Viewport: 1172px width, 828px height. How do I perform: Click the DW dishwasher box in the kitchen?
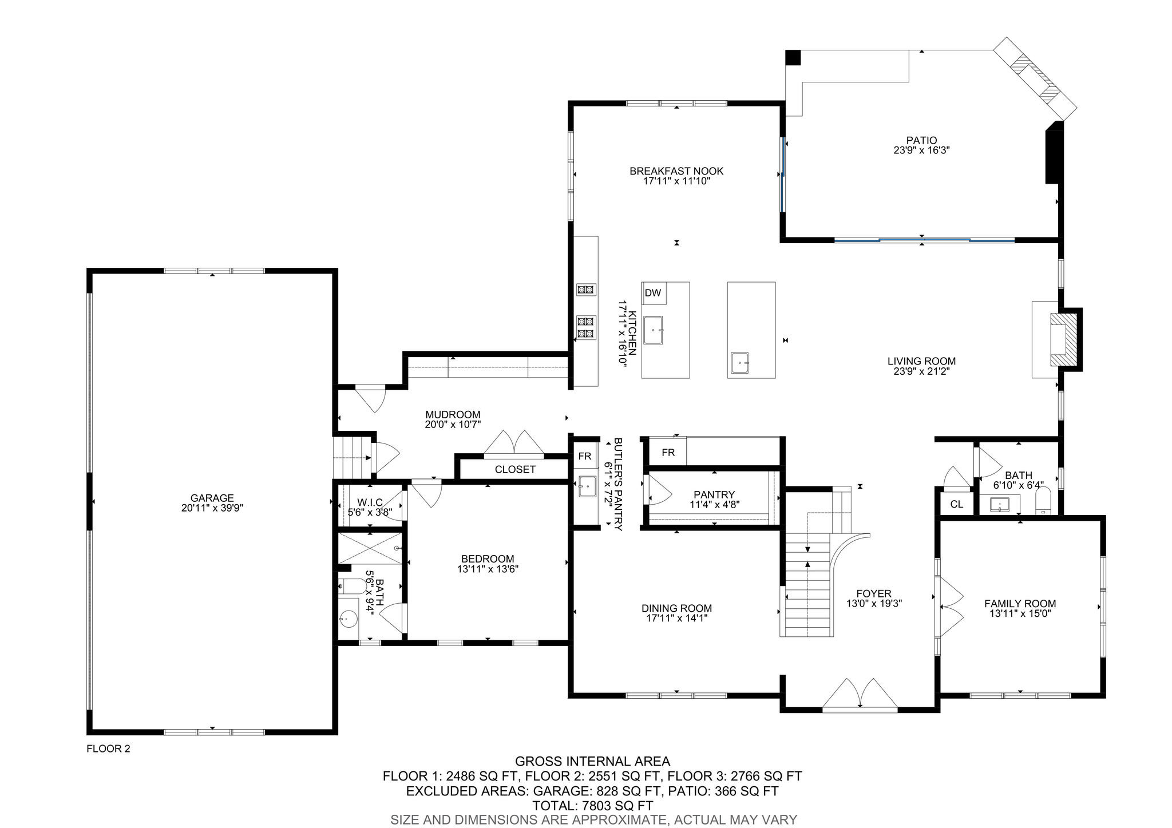pos(654,293)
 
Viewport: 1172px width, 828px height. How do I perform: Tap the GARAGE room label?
pos(212,498)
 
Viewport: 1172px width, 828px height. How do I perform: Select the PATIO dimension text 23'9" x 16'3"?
pos(921,150)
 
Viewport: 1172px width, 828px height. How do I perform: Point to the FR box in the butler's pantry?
pos(584,456)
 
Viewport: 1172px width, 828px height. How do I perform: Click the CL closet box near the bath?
pos(956,504)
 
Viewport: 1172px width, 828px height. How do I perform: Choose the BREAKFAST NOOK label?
pos(676,171)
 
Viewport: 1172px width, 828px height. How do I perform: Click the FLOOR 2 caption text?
pos(108,748)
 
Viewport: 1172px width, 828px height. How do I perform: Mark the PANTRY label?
pos(714,495)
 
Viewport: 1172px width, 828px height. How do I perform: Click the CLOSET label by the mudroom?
pos(515,469)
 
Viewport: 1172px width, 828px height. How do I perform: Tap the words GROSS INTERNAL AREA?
pos(592,761)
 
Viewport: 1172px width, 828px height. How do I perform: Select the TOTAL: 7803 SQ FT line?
pos(592,806)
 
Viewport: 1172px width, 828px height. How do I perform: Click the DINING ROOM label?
pos(676,608)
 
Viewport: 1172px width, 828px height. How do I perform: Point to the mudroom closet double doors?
pos(513,444)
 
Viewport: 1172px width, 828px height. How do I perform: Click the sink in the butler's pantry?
pos(586,487)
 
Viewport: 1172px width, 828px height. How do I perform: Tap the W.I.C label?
pos(370,502)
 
